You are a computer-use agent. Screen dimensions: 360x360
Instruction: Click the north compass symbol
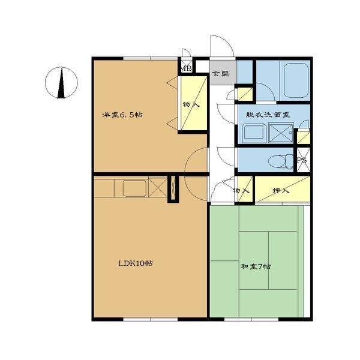pos(61,83)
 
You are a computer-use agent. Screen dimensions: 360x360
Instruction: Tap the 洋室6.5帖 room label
pos(122,115)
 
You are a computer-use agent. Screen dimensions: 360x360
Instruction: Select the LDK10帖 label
pos(136,263)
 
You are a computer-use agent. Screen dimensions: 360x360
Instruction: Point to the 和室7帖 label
pos(256,266)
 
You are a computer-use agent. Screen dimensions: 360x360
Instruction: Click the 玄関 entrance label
pos(220,74)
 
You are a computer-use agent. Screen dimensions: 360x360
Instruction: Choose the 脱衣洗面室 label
pos(268,115)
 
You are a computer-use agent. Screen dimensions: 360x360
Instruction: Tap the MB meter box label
pos(187,68)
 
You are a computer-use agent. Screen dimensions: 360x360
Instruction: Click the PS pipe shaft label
pos(302,160)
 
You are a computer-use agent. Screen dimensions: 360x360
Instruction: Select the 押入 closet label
pos(281,190)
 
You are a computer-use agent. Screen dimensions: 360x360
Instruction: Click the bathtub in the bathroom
pos(295,80)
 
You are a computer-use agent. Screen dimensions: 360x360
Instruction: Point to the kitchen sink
pos(135,188)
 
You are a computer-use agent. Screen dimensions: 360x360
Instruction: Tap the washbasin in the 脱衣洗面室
pos(254,133)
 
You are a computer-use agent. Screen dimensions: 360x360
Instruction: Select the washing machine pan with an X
pos(281,133)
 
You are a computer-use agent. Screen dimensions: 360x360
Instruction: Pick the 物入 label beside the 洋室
pos(191,105)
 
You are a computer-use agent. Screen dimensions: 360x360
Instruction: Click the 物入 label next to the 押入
pos(241,190)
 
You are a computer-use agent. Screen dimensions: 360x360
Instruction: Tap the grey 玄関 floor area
pos(223,73)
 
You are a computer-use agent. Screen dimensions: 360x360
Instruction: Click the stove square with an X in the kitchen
pos(158,187)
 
